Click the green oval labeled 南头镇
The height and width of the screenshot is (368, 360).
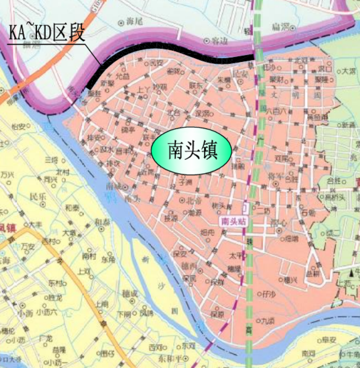(x=191, y=151)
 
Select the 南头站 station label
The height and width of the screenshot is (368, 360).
(x=233, y=221)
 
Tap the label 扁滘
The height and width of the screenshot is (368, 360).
(x=281, y=27)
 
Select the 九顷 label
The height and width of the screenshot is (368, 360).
(x=268, y=321)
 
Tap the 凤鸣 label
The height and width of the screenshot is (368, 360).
(x=146, y=313)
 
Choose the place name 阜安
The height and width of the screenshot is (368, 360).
(x=329, y=340)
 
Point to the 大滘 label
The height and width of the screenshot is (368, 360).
(x=349, y=70)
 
